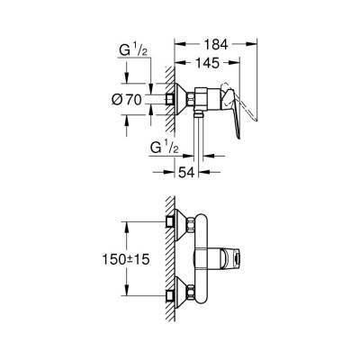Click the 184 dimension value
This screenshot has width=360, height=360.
(216, 45)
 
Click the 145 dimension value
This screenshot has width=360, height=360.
(208, 63)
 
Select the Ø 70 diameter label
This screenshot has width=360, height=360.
(127, 100)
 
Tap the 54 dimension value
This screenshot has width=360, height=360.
(187, 173)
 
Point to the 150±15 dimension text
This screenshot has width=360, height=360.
(126, 259)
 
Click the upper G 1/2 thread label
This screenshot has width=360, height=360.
(133, 51)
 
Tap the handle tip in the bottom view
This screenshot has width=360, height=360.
(238, 258)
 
